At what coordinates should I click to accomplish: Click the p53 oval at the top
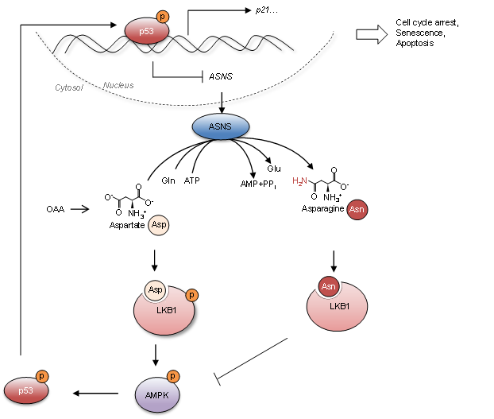point(146,31)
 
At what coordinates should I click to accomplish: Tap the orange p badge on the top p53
point(163,17)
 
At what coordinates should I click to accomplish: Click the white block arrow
point(371,34)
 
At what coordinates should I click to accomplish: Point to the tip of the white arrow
point(385,34)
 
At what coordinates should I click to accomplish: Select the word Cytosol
point(69,87)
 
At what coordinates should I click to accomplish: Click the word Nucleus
point(118,85)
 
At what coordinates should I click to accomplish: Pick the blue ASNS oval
point(221,126)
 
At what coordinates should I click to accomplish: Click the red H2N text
point(299,181)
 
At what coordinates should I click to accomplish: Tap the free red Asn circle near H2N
point(357,210)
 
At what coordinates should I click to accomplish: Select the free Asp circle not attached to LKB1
point(159,225)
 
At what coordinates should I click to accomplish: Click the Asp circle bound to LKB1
point(156,289)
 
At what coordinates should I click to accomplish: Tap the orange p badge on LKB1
point(191,295)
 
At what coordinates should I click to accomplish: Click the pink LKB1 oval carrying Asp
point(164,314)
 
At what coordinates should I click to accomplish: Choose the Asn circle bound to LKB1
point(329,286)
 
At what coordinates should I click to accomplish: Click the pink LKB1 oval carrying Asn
point(338,310)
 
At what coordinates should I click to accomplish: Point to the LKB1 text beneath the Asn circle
point(340,306)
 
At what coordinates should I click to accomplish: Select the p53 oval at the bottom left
point(26,390)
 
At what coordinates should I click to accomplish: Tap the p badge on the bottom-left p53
point(42,376)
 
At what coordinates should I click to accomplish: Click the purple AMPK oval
point(157,394)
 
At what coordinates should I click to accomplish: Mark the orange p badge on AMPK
point(173,376)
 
